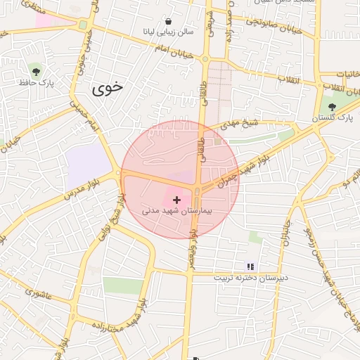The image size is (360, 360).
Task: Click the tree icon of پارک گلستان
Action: click(332, 107)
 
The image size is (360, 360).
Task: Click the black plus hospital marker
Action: click(176, 200)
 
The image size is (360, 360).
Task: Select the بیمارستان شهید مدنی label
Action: click(177, 210)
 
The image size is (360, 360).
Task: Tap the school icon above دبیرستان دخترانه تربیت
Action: click(250, 266)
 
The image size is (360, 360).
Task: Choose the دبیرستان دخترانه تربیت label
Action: click(251, 278)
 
